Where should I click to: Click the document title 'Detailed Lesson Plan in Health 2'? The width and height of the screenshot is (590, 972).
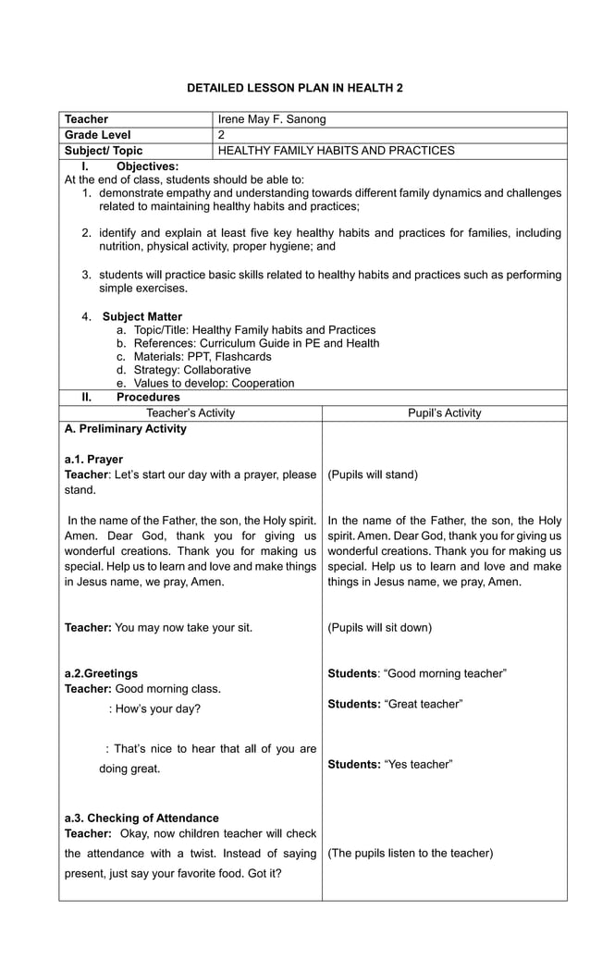pos(295,88)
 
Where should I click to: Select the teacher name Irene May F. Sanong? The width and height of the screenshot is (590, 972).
pos(271,119)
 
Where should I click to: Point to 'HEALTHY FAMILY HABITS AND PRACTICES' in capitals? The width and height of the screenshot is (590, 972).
pos(336,151)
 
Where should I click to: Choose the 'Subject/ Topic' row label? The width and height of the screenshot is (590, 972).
pos(104,151)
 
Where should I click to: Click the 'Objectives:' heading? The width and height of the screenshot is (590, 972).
pos(147,166)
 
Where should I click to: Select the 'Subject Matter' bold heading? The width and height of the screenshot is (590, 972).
pos(142,316)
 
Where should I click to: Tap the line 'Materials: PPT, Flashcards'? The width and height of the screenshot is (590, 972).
pos(203,356)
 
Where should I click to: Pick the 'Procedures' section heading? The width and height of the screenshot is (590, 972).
pos(148,398)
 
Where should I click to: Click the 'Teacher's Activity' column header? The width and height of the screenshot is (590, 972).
pos(191,413)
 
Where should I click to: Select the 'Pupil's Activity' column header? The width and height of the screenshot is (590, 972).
pos(444,413)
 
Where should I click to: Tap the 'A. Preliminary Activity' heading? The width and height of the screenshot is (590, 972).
pos(126,429)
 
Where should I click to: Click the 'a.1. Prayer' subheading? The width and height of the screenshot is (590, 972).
pos(93,460)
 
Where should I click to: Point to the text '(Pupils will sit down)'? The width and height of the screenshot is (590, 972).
pos(380,628)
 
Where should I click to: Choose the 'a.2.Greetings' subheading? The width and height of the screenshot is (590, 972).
pos(101,673)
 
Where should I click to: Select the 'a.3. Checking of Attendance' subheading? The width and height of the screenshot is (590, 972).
pos(141,818)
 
